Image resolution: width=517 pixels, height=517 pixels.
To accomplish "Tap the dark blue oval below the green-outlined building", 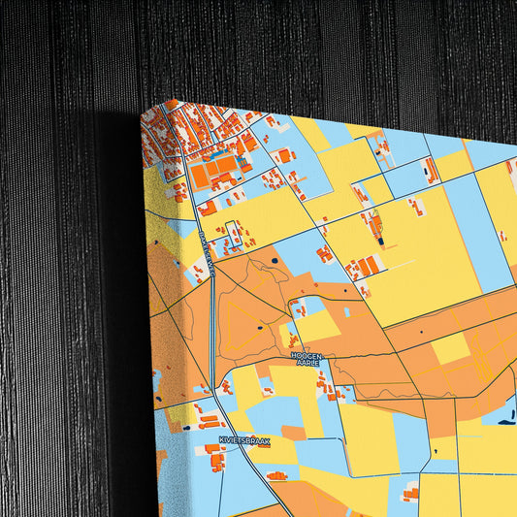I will [381, 242].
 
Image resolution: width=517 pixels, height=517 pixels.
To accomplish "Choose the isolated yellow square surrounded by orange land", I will [448, 348].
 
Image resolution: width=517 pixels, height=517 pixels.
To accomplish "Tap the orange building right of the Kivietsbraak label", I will [277, 475].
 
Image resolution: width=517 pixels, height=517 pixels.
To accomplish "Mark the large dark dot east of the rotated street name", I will [274, 261].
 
